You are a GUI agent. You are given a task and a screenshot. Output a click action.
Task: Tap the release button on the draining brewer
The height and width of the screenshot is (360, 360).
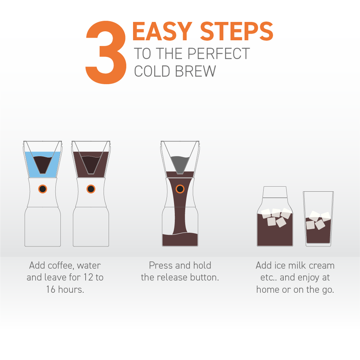tap(180, 189)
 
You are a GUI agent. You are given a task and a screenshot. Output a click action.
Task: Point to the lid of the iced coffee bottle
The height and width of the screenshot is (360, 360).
tap(275, 193)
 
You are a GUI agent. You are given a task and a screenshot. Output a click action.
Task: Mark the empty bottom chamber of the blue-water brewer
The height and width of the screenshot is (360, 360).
tap(43, 227)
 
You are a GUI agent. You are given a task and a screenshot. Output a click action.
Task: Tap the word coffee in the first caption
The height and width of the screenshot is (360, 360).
tap(60, 266)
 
